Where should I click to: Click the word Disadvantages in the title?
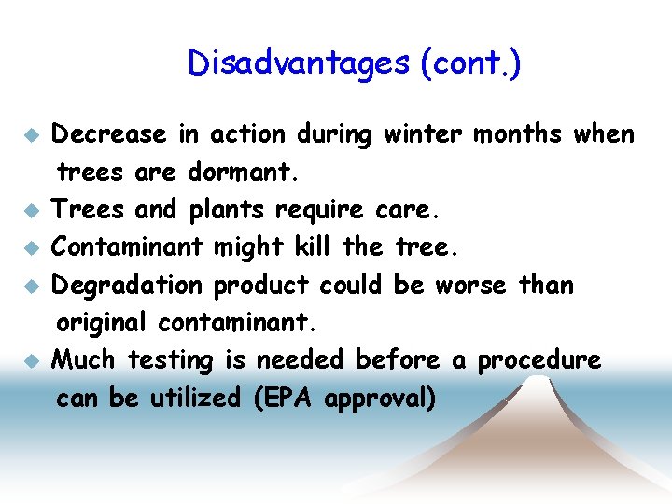pyautogui.click(x=298, y=63)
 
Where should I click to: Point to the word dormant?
pyautogui.click(x=239, y=173)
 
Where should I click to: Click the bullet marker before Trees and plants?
pyautogui.click(x=31, y=211)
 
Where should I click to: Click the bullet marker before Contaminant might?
pyautogui.click(x=31, y=248)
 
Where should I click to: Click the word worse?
pyautogui.click(x=472, y=284)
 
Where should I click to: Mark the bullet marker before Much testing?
pyautogui.click(x=31, y=359)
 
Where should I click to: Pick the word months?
pyautogui.click(x=516, y=134)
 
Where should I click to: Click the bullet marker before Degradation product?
pyautogui.click(x=31, y=286)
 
